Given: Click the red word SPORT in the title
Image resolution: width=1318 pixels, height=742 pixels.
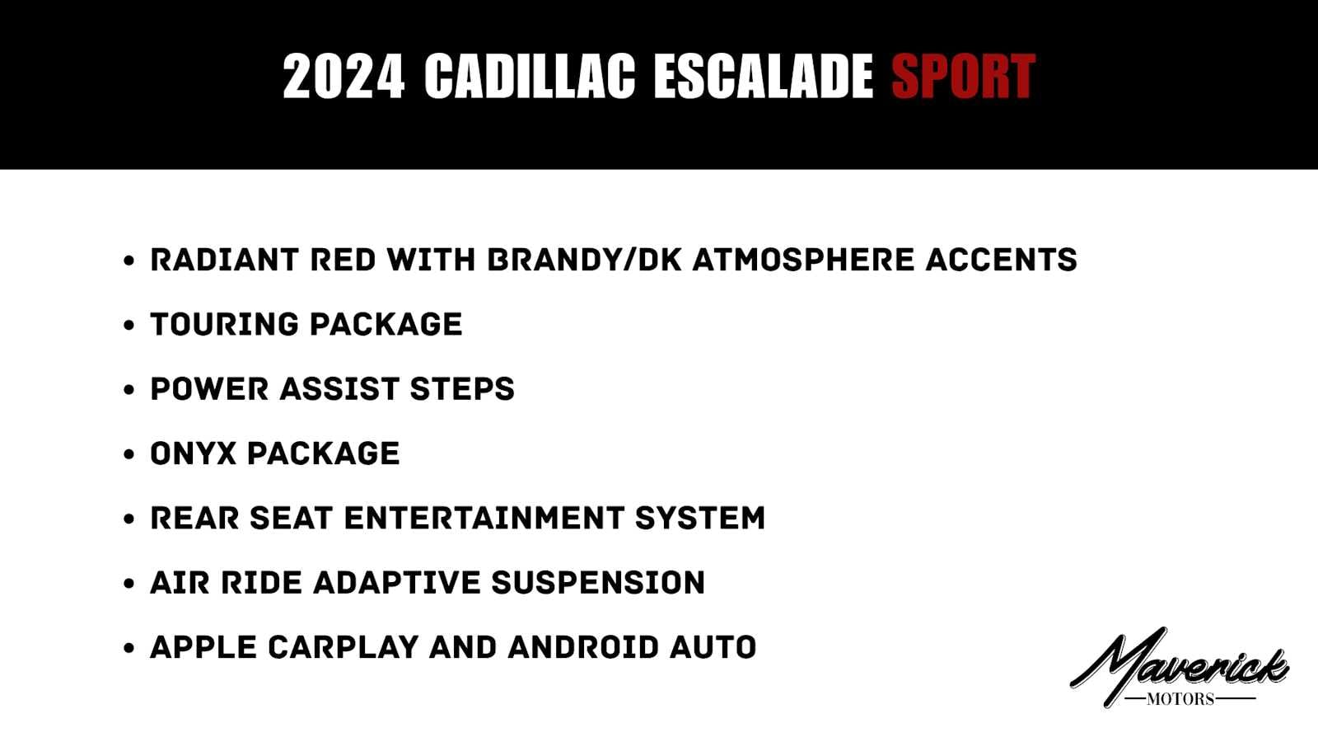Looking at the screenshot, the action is click(963, 76).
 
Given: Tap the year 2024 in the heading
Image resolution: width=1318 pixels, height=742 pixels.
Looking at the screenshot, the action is click(344, 76).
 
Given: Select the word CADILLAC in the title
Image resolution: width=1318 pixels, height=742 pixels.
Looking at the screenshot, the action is click(530, 76).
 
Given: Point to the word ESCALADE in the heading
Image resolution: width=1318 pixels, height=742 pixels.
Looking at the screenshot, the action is click(764, 76).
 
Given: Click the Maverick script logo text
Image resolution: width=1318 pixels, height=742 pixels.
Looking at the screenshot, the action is click(1179, 665).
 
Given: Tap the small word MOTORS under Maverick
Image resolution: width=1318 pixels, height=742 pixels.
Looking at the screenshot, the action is click(1180, 699).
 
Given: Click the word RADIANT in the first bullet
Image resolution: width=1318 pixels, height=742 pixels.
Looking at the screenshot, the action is click(224, 260).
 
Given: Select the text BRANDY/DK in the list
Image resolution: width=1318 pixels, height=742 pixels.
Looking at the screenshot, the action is click(585, 260).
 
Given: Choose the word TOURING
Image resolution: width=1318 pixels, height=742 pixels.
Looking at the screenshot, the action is click(224, 325).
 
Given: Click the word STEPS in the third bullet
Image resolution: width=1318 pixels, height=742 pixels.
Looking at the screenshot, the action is click(462, 389).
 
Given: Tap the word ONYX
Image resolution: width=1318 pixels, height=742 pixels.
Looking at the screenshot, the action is click(193, 454).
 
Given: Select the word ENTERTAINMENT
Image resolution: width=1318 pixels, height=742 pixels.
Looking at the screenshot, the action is click(484, 519).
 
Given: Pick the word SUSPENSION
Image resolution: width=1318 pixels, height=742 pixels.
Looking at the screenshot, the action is click(598, 583).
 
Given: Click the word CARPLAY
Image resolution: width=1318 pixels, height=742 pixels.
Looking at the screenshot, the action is click(343, 648).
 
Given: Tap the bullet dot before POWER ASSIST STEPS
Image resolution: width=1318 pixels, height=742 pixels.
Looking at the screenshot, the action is click(129, 390).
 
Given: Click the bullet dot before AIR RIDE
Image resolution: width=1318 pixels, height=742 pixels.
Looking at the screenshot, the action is click(129, 584).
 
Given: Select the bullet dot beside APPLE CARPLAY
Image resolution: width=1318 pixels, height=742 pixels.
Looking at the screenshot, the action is click(129, 648).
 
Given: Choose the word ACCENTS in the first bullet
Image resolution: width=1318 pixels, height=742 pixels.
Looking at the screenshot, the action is click(1002, 260).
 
